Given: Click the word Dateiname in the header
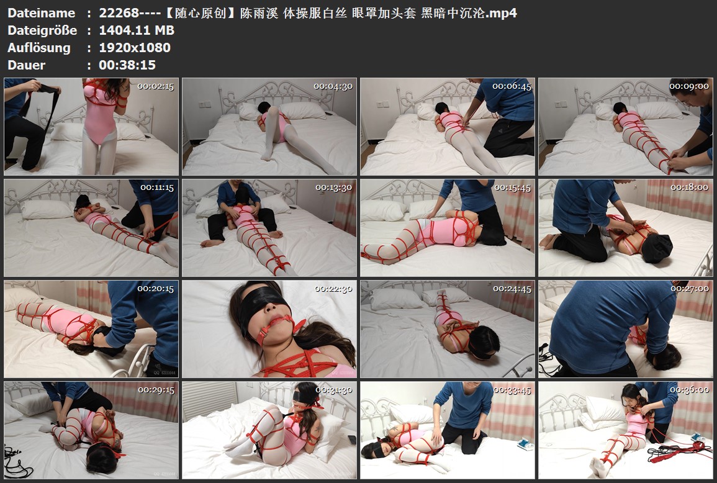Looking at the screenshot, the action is (x=41, y=13).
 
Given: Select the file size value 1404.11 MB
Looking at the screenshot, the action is (x=137, y=30).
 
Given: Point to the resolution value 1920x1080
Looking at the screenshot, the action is (x=135, y=48).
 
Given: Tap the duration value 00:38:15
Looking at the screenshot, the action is (x=128, y=65).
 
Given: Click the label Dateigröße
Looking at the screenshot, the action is (x=43, y=30).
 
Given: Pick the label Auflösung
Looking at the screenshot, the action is (x=39, y=48).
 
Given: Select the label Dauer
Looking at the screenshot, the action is (x=27, y=65).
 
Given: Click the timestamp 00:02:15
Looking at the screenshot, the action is (x=155, y=86).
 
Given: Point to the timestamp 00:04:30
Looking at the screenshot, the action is (x=333, y=86).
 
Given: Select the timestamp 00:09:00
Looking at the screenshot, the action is (x=689, y=86).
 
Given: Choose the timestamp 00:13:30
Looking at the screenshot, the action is (x=334, y=187).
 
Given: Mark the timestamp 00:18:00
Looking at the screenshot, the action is (x=690, y=187).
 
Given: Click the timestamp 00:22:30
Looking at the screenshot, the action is (x=333, y=289).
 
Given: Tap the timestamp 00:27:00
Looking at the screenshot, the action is (x=690, y=289).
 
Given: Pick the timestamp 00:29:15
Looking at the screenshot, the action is (x=156, y=390).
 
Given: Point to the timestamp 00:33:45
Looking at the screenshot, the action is (x=512, y=390).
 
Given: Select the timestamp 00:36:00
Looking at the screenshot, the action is (x=690, y=390).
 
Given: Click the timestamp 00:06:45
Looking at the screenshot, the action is (x=512, y=86).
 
